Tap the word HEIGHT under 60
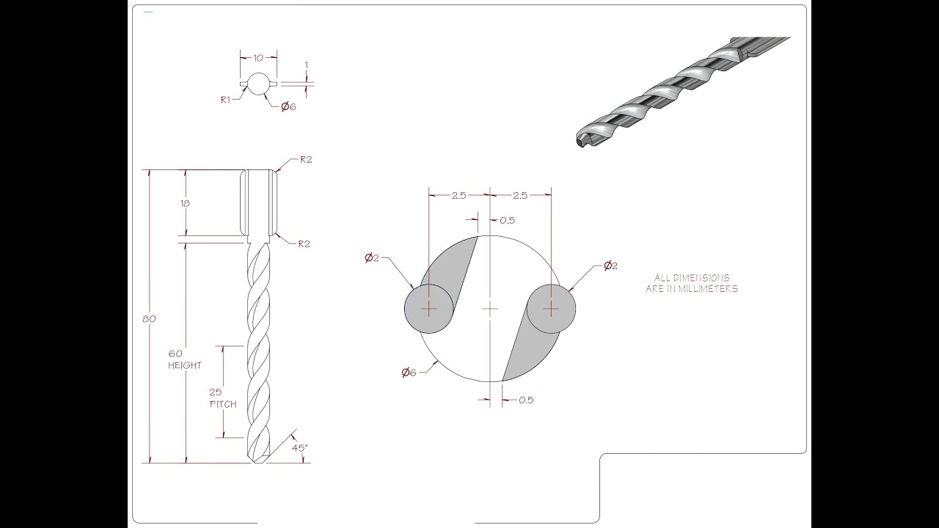point(185,365)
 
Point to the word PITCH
point(223,404)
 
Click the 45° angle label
point(299,447)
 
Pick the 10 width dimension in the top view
point(258,56)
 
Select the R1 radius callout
point(226,100)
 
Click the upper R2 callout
point(306,160)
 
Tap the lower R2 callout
point(304,244)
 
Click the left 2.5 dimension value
point(458,195)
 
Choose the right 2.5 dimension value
point(519,195)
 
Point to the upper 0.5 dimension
point(507,220)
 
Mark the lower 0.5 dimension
point(526,400)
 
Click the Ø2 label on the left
point(371,257)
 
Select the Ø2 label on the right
point(610,266)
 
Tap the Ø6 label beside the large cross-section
point(409,373)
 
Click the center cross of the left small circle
point(429,309)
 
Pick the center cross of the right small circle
point(550,309)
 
